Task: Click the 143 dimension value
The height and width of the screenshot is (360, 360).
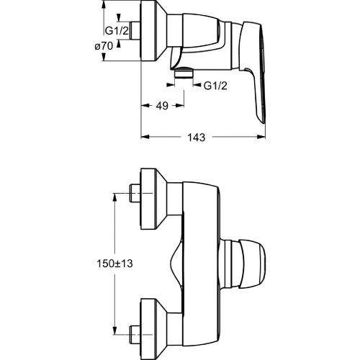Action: coord(197,138)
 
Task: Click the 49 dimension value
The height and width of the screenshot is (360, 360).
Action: coord(162,106)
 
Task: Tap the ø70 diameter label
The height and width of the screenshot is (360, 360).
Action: coord(104,46)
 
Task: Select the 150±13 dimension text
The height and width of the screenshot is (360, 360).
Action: coord(114,264)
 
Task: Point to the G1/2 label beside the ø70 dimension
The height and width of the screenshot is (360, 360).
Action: coord(117,31)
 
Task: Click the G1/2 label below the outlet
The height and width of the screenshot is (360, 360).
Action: coord(215,86)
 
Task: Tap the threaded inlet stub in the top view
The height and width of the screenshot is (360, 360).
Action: coord(135,31)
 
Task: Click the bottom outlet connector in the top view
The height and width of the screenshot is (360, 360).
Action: coord(184,73)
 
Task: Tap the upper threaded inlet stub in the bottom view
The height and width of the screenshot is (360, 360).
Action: coord(135,193)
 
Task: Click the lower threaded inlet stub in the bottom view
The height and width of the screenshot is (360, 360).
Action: coord(135,334)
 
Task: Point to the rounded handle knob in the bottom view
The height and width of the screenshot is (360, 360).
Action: coord(252,264)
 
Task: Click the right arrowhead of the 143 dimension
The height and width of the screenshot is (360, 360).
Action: coord(261,137)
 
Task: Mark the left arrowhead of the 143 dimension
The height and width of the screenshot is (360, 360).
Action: coord(145,137)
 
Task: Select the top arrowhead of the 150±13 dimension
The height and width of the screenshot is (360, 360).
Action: coord(115,197)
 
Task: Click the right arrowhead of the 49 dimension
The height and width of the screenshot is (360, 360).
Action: coord(180,105)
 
